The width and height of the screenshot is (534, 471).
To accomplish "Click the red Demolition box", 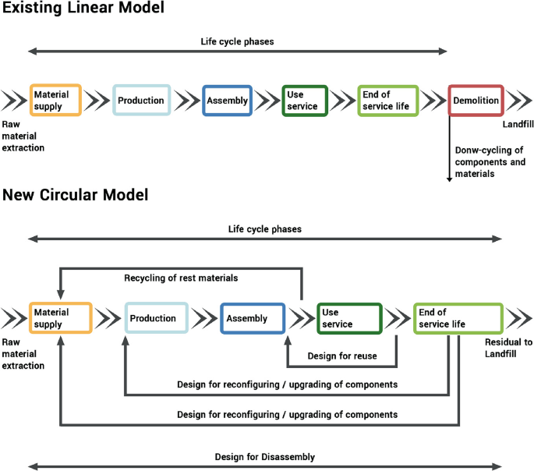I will [476, 101].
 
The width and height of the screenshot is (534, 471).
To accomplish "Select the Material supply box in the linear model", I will [55, 101].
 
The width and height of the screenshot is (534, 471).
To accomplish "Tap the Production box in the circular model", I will [157, 318].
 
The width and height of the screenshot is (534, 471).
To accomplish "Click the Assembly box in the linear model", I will [227, 101].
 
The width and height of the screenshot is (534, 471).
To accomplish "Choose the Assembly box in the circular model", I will [252, 318].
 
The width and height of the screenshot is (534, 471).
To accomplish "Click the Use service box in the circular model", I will [348, 318].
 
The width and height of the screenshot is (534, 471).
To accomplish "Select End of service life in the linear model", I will [387, 101].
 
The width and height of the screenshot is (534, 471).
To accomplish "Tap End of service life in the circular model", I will [458, 318].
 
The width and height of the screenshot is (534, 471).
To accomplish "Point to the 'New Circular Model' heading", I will [75, 194].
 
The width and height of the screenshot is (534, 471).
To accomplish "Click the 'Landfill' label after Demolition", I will [517, 122].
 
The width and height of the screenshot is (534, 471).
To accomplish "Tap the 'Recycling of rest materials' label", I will [181, 278].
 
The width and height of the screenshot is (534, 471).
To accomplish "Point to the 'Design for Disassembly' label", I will [265, 457].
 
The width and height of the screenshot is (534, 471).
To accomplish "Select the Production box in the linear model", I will [140, 101].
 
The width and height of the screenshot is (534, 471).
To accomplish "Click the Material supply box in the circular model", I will [60, 318].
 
